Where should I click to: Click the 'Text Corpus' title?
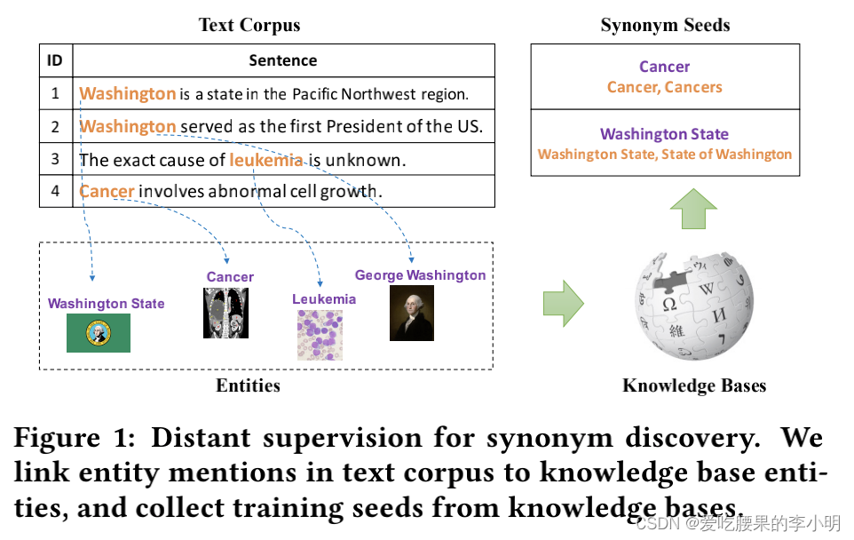[x=249, y=25]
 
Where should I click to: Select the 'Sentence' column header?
[x=283, y=60]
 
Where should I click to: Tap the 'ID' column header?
[x=55, y=60]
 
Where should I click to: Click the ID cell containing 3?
[x=55, y=159]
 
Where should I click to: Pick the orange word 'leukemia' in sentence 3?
[x=266, y=160]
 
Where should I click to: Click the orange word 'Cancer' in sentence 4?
[x=107, y=191]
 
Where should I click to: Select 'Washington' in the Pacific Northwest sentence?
[x=128, y=93]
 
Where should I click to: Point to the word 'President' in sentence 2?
[x=367, y=126]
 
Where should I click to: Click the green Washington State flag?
[x=99, y=333]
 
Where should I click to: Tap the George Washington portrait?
[x=412, y=313]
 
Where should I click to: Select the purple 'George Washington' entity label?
[x=420, y=275]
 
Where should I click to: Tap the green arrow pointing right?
[x=562, y=303]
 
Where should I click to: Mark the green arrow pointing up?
[x=692, y=211]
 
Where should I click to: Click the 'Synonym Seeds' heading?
[x=664, y=25]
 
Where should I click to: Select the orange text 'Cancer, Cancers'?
[x=664, y=87]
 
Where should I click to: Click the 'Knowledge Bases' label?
[x=693, y=385]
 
